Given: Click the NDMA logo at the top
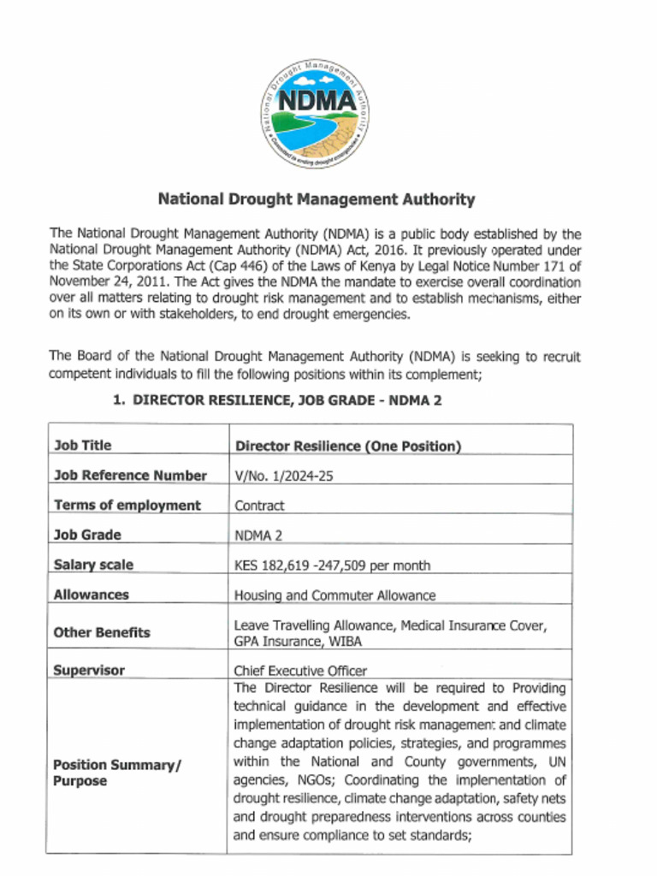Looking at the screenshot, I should tap(315, 113).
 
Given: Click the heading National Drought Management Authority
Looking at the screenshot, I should tap(316, 199).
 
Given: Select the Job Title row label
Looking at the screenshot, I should tap(82, 445).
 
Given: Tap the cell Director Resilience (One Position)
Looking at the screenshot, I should tap(347, 446).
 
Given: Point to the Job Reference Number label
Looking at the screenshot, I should tap(130, 475).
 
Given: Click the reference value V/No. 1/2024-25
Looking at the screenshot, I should tap(283, 476).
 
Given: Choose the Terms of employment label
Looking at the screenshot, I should tap(127, 505).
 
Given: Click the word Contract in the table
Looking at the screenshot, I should tap(259, 506).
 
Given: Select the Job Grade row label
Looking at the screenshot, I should tap(86, 535).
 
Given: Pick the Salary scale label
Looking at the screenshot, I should tap(93, 565).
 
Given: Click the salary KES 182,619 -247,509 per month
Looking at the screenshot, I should tap(332, 565).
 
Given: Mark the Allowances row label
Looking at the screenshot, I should tap(91, 594).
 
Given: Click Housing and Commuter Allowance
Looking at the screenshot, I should tap(334, 595).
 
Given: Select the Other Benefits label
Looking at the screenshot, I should tap(101, 632).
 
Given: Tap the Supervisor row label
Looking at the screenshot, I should tap(88, 671).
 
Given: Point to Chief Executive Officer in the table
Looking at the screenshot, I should tap(300, 672).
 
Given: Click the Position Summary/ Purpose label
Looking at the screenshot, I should tap(117, 772).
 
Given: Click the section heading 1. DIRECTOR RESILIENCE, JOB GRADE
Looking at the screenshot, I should tap(276, 400).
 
